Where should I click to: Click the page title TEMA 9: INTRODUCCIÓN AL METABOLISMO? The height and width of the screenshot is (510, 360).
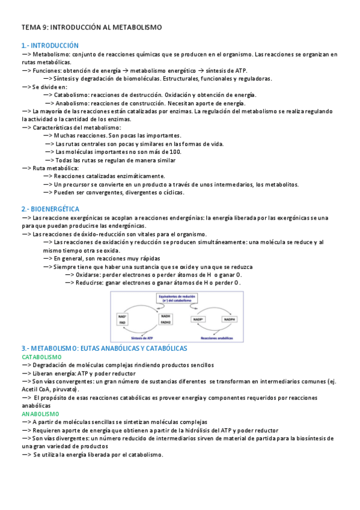coord(91,27)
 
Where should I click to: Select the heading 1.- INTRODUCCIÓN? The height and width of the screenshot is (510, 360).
coord(50,45)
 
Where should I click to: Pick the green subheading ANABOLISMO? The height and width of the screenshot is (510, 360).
coord(40,414)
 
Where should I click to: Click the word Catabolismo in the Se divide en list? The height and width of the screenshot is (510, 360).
coord(73,95)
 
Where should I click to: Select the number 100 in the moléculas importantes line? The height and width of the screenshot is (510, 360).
coord(175,152)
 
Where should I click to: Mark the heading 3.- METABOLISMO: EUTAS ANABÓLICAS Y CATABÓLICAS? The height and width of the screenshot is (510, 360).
coord(105,348)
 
